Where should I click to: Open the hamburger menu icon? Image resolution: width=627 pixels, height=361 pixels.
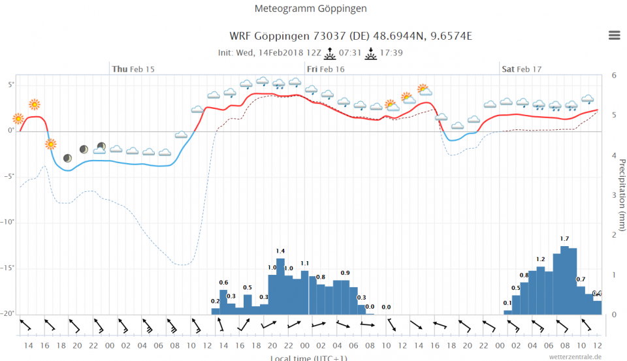614,35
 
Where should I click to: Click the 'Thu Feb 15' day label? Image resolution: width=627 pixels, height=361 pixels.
133,69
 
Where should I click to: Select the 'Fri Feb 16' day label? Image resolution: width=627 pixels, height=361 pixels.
325,69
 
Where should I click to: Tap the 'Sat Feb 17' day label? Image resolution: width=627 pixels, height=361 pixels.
521,69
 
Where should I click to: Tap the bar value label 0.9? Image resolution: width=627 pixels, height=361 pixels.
345,273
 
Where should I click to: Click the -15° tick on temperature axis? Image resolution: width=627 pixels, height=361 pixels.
8,268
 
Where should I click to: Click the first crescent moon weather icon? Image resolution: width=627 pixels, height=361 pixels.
67,158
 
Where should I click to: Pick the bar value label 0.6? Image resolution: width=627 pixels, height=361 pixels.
223,282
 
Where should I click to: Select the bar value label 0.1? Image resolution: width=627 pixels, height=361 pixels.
507,303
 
